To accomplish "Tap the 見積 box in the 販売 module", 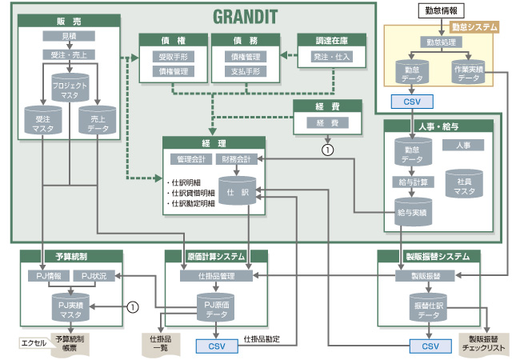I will point(69,36).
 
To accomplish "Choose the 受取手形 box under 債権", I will point(172,57).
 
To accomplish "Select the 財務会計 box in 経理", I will point(236,159).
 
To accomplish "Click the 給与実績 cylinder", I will point(410,212).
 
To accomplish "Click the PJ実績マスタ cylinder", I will point(69,308).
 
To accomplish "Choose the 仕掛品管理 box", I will point(212,275).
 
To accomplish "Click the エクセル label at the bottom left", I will point(33,344).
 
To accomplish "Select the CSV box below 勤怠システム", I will point(411,102).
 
